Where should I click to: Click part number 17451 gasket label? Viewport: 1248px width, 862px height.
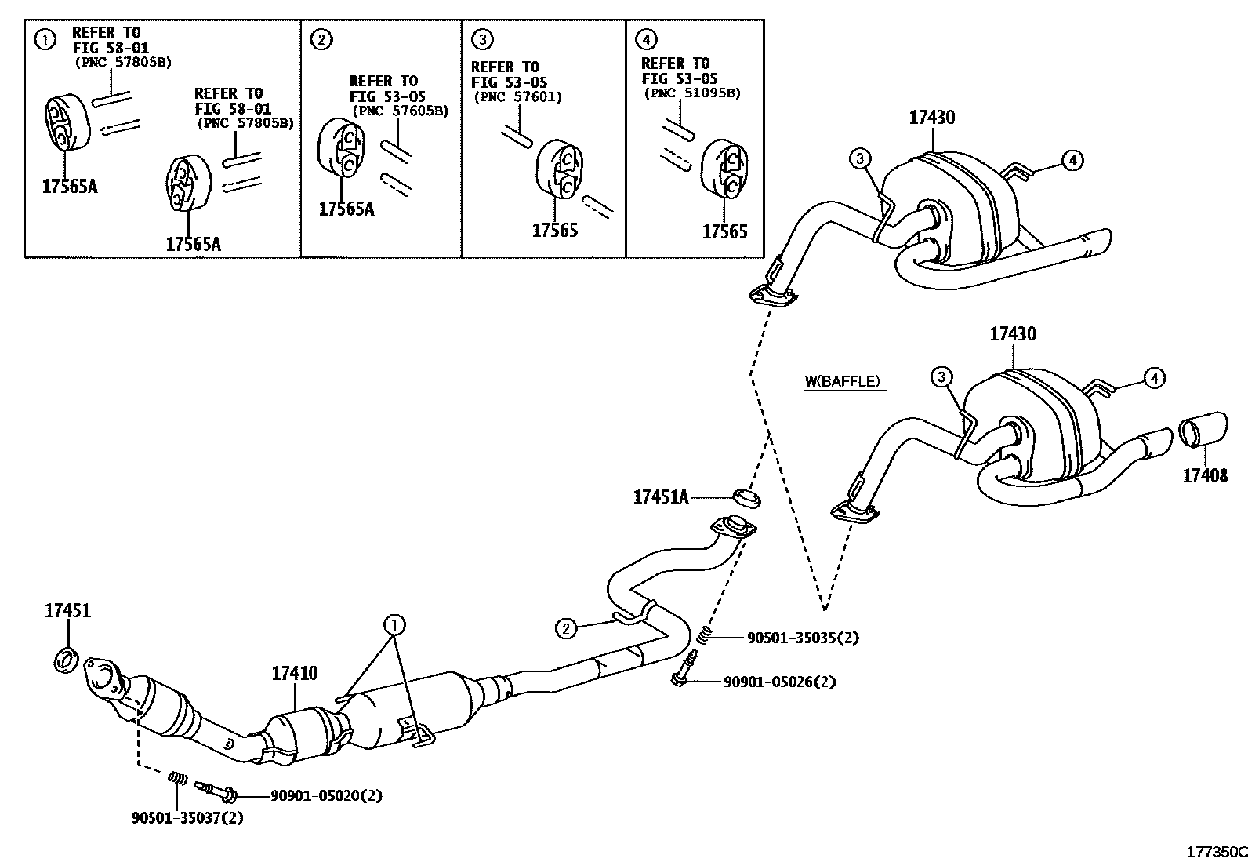click(67, 611)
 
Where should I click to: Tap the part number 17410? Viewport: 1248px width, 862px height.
click(295, 673)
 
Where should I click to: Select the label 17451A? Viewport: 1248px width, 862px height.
click(660, 496)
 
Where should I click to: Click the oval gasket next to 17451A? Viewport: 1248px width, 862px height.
click(748, 496)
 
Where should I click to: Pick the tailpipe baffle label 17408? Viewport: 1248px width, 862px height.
click(1205, 476)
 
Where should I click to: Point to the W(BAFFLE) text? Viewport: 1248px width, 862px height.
click(842, 382)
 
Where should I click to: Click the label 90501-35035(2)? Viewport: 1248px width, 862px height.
click(802, 638)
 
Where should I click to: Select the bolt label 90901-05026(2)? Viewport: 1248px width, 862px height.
click(778, 682)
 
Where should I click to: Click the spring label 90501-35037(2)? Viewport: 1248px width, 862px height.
click(187, 818)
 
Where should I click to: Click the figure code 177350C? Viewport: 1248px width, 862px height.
click(1216, 852)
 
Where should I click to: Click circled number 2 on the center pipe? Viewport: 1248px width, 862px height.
click(566, 627)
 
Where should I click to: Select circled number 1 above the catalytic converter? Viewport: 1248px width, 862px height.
click(394, 625)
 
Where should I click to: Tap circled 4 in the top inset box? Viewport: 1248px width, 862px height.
click(647, 38)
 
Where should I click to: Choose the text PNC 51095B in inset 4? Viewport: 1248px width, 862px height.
click(691, 93)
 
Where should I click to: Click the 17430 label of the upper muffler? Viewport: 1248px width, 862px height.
click(932, 118)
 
